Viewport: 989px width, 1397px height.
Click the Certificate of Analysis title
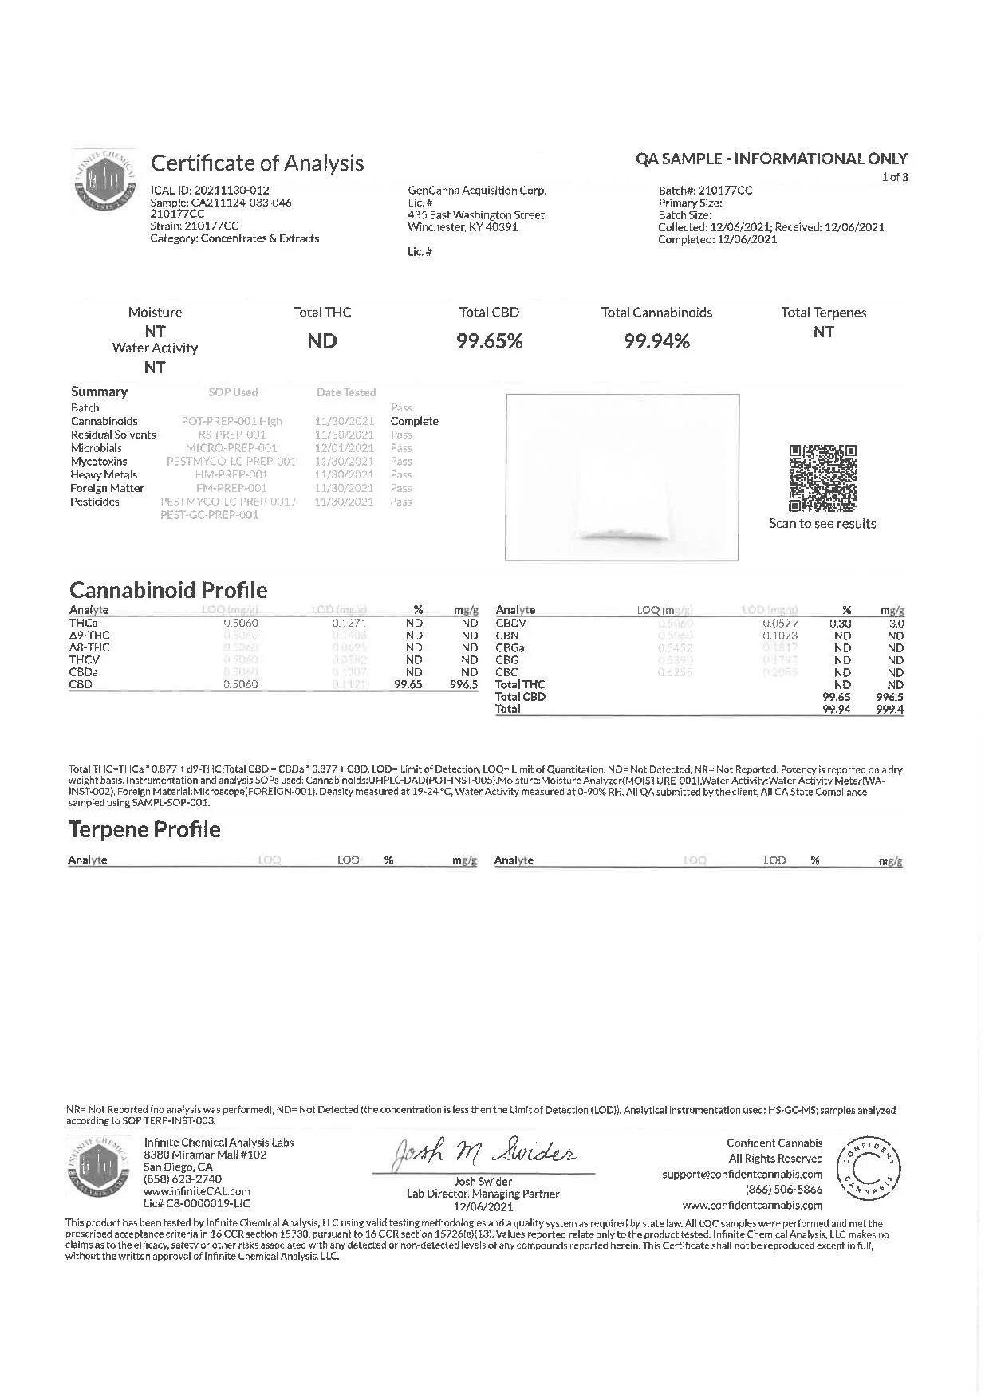257,163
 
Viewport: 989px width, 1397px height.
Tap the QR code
822,478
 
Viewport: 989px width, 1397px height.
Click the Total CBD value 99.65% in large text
489,342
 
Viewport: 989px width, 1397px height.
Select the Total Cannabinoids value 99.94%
656,342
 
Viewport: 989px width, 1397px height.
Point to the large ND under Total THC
322,342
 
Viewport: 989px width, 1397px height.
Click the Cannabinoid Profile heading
168,590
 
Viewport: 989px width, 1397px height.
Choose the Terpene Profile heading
144,829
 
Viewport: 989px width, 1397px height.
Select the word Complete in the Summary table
414,421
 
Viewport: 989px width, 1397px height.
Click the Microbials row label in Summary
97,448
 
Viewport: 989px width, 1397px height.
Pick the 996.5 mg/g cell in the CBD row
463,684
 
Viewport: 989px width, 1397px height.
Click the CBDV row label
510,624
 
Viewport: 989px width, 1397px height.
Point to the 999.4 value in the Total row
889,709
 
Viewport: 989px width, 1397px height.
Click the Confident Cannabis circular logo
868,1170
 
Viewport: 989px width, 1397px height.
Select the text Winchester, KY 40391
463,227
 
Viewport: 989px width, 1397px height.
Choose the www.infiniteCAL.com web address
197,1191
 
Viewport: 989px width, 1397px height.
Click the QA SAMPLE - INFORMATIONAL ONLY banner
771,159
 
